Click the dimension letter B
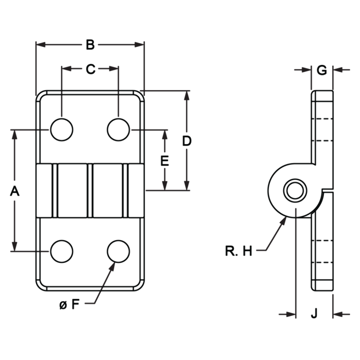pyautogui.click(x=90, y=45)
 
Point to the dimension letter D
pyautogui.click(x=187, y=141)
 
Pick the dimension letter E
pyautogui.click(x=165, y=160)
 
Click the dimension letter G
pyautogui.click(x=321, y=70)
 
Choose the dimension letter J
pyautogui.click(x=314, y=313)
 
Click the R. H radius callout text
pyautogui.click(x=239, y=251)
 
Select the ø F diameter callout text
pyautogui.click(x=69, y=304)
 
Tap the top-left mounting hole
pyautogui.click(x=62, y=130)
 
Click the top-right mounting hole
pyautogui.click(x=118, y=130)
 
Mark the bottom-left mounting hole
pyautogui.click(x=62, y=251)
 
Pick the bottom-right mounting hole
pyautogui.click(x=118, y=251)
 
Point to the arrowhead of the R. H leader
pyautogui.click(x=284, y=221)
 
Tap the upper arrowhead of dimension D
pyautogui.click(x=187, y=96)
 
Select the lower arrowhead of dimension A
pyautogui.click(x=15, y=246)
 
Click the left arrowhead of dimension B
pyautogui.click(x=41, y=45)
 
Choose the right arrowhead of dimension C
pyautogui.click(x=114, y=68)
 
